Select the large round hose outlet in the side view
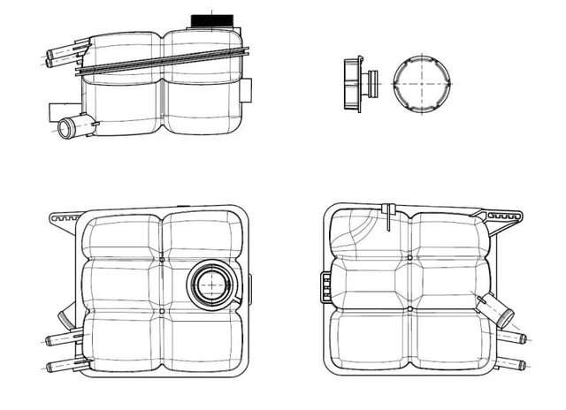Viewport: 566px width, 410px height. (x=69, y=130)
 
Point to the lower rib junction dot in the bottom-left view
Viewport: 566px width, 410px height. (x=163, y=311)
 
